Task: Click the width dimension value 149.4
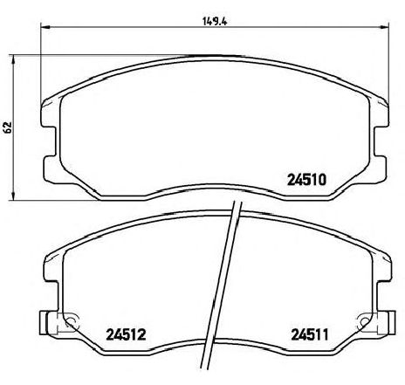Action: (x=215, y=21)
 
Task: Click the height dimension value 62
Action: (x=7, y=127)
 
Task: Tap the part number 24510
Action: (x=306, y=180)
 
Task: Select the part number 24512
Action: (x=126, y=334)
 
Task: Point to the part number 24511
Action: (x=310, y=334)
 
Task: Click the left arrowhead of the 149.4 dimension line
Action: (x=45, y=27)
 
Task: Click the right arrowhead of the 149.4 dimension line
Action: (x=384, y=27)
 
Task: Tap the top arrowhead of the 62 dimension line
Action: (x=12, y=60)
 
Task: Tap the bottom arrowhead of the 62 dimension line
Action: (x=12, y=195)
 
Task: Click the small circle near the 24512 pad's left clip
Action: (x=70, y=321)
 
